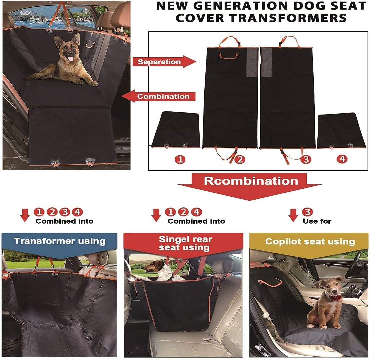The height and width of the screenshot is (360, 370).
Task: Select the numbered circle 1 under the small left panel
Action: coord(180,159)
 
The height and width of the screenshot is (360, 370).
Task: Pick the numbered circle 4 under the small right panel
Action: coord(342,159)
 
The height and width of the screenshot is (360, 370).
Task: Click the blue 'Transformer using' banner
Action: coord(59,241)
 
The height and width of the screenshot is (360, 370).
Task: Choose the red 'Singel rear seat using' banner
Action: coord(185,243)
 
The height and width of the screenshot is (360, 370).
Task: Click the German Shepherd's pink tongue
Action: coord(71,59)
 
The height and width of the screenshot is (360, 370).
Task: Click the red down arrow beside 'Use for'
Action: coord(293,215)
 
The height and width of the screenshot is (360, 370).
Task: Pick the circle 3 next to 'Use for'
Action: coord(307,212)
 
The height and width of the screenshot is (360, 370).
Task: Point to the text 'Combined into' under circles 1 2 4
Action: coord(196,221)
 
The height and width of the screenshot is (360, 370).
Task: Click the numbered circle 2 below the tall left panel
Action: coord(239,159)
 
